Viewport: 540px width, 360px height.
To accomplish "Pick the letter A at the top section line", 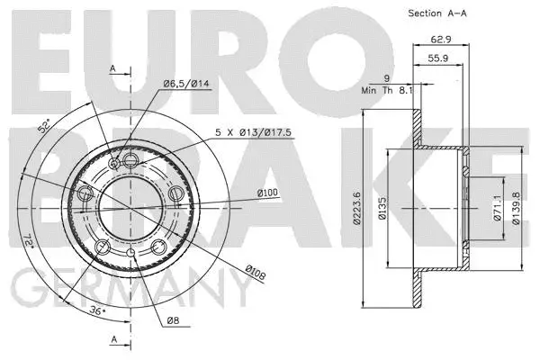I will [x=113, y=68].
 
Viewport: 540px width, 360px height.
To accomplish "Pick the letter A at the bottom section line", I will [x=113, y=339].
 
